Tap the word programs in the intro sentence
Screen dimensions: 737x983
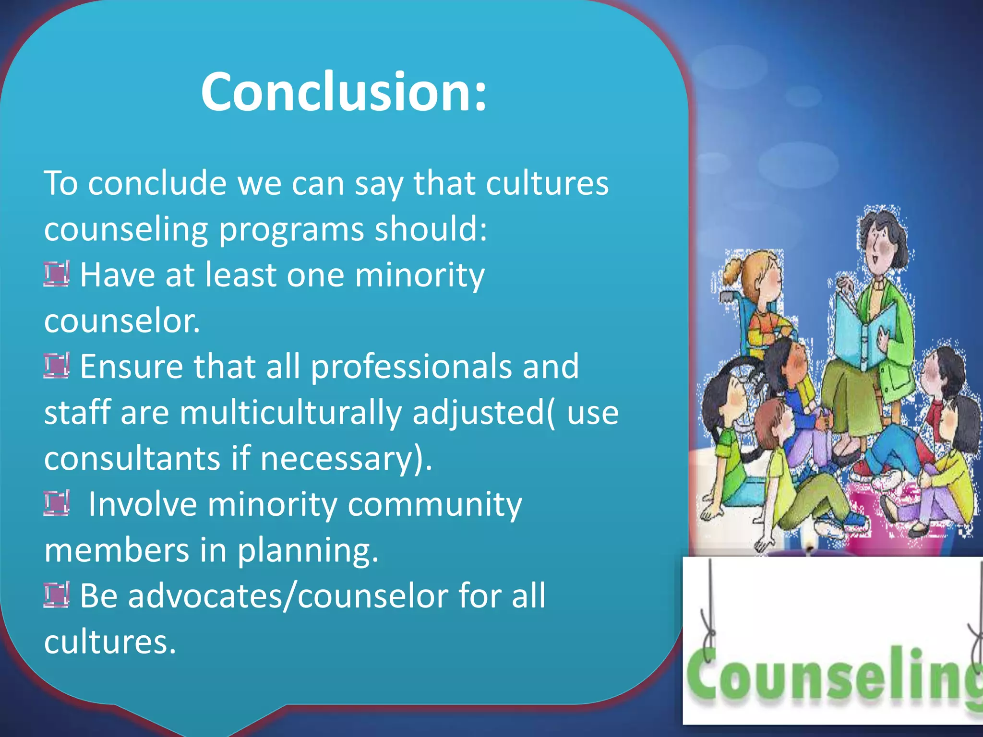pyautogui.click(x=291, y=229)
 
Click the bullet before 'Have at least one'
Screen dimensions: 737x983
pyautogui.click(x=57, y=274)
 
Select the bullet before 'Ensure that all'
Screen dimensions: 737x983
pyautogui.click(x=57, y=366)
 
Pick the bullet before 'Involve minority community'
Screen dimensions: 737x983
pyautogui.click(x=57, y=503)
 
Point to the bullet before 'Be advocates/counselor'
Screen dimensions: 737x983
pyautogui.click(x=57, y=594)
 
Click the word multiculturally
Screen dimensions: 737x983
pyautogui.click(x=290, y=413)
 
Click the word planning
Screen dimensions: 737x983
pyautogui.click(x=308, y=550)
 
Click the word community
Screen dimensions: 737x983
pyautogui.click(x=434, y=505)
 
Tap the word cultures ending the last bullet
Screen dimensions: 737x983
pyautogui.click(x=110, y=642)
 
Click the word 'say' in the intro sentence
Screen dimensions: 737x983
pyautogui.click(x=379, y=184)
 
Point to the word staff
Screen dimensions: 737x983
pyautogui.click(x=77, y=413)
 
